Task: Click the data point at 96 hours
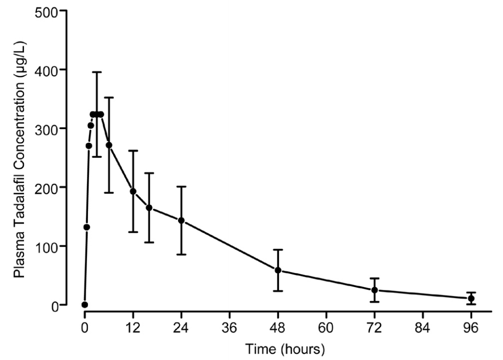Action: pos(471,299)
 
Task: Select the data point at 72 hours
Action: pos(374,290)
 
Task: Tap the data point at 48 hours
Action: pos(278,270)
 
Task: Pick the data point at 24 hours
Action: pos(181,220)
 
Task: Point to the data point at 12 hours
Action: pos(133,191)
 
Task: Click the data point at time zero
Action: pos(85,305)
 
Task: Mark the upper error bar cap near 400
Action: pos(97,72)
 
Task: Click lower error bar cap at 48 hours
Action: pos(278,291)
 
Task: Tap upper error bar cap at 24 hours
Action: pos(181,187)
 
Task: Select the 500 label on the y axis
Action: pos(47,11)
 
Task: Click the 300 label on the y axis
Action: pos(47,128)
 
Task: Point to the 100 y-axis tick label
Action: pos(47,246)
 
